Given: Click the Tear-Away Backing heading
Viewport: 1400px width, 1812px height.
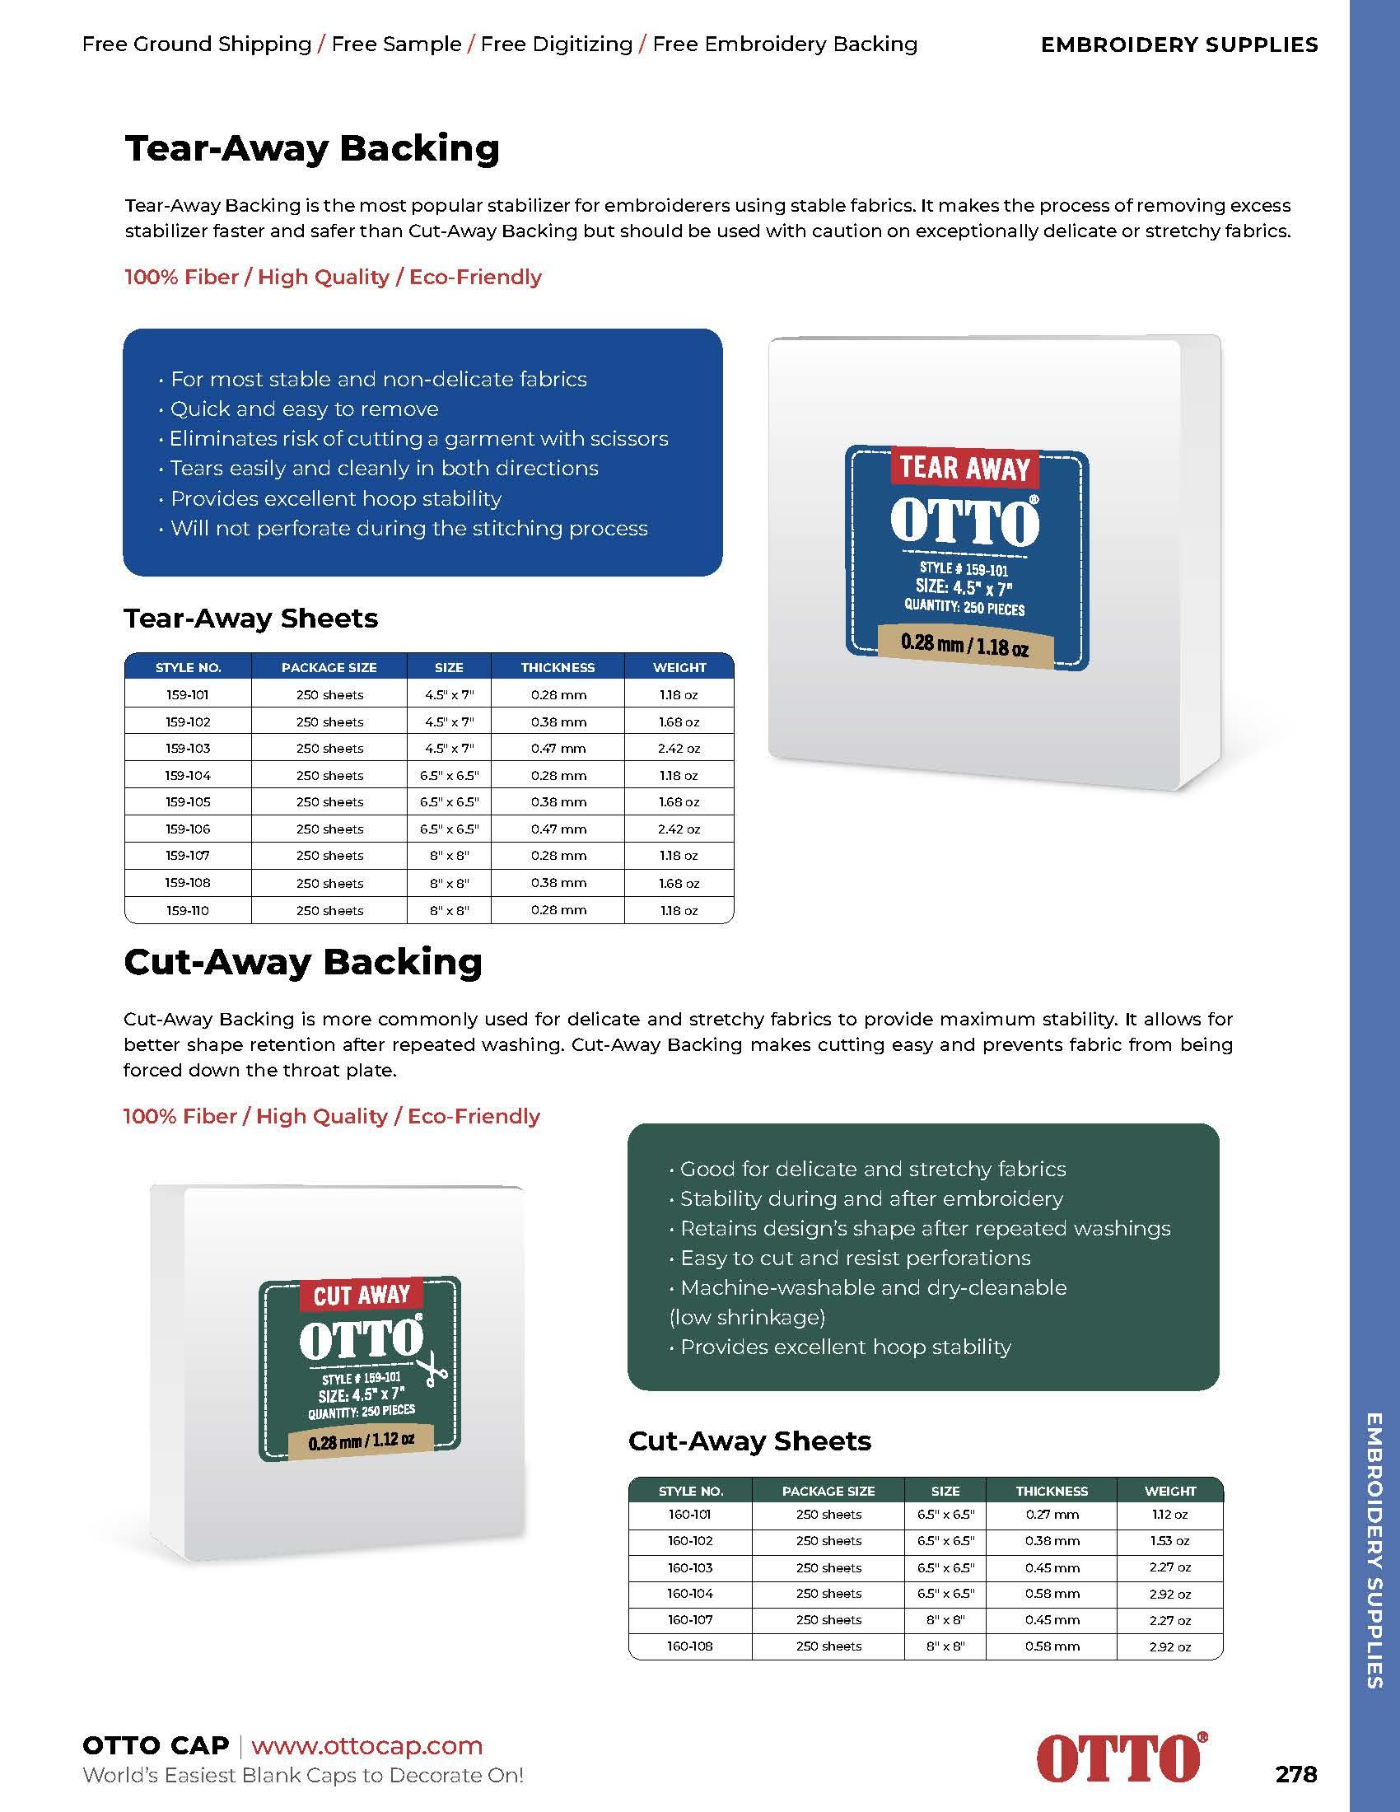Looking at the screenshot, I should pyautogui.click(x=312, y=148).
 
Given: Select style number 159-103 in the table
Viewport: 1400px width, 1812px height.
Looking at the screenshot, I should pyautogui.click(x=188, y=749).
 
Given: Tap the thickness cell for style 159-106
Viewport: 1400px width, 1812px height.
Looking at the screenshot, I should pyautogui.click(x=558, y=829).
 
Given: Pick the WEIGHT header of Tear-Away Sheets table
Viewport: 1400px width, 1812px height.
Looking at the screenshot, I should pyautogui.click(x=679, y=667).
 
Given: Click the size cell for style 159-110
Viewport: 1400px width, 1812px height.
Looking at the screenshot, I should pyautogui.click(x=449, y=910).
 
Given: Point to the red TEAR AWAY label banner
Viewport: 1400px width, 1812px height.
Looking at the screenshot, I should pyautogui.click(x=964, y=468).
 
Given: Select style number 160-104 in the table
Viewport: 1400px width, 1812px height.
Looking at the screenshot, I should pyautogui.click(x=690, y=1594).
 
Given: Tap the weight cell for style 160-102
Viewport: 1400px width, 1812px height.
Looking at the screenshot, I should pyautogui.click(x=1169, y=1541).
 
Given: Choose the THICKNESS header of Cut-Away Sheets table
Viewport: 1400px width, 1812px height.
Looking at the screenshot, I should pyautogui.click(x=1052, y=1491).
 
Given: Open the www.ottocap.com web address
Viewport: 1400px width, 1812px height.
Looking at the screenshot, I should pyautogui.click(x=366, y=1744).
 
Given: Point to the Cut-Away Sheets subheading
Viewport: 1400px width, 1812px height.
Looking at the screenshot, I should pyautogui.click(x=749, y=1441).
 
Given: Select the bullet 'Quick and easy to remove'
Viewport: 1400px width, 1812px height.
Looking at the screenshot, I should pyautogui.click(x=305, y=409).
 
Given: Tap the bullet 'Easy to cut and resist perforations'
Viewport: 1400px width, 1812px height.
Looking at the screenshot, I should pyautogui.click(x=855, y=1258).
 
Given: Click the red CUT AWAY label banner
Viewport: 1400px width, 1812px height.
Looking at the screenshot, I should pyautogui.click(x=361, y=1295).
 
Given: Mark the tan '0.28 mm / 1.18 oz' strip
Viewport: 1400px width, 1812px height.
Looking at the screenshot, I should pyautogui.click(x=964, y=646).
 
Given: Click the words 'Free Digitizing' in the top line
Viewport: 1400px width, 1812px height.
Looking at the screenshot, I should pyautogui.click(x=557, y=44).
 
